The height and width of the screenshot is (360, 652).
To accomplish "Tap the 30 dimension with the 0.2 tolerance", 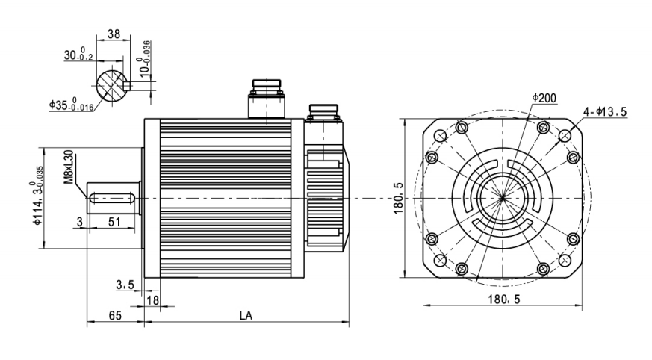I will pyautogui.click(x=75, y=56).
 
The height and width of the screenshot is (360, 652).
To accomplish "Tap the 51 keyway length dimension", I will pyautogui.click(x=115, y=222).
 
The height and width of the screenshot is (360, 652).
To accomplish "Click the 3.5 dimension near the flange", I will pyautogui.click(x=125, y=284).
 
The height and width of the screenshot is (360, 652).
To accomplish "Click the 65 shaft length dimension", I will pyautogui.click(x=115, y=316).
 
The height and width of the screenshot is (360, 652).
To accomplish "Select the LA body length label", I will pyautogui.click(x=245, y=316).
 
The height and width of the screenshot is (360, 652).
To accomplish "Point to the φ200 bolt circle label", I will pyautogui.click(x=543, y=99).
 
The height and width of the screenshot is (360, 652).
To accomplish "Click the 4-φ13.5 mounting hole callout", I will pyautogui.click(x=604, y=113).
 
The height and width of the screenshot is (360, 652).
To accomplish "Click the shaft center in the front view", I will pyautogui.click(x=505, y=198).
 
